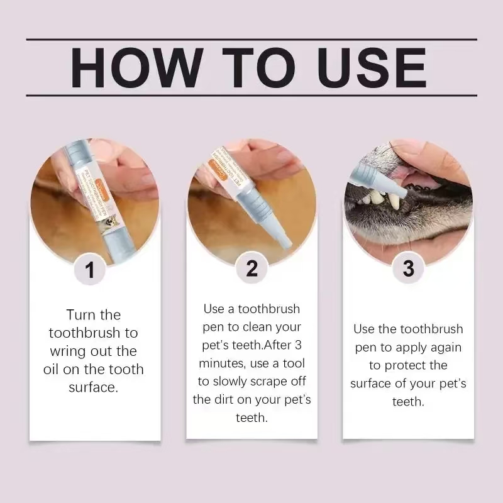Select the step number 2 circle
tap(251, 268)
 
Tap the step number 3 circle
tap(408, 268)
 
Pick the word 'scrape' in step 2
tap(273, 382)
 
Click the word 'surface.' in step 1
tap(93, 387)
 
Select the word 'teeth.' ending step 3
tap(408, 401)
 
